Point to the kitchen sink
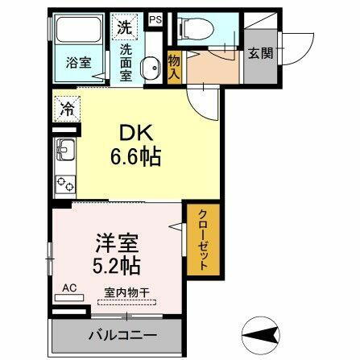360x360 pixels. point(65,150)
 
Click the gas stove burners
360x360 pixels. point(65,183)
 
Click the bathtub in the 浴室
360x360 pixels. point(78,34)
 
